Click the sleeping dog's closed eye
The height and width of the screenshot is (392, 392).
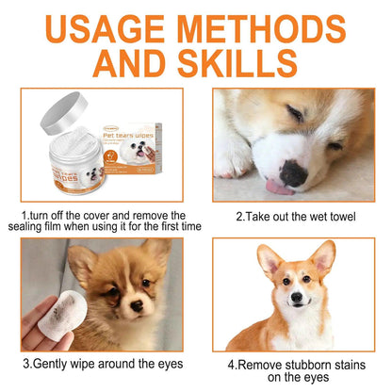pyautogui.click(x=294, y=115)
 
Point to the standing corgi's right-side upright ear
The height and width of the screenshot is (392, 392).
pyautogui.click(x=322, y=257)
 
